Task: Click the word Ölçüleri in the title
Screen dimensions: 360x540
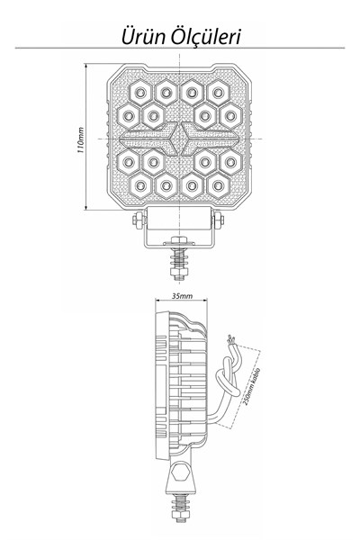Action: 206,36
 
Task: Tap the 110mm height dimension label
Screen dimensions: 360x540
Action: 80,139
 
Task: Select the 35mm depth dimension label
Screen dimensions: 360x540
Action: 182,296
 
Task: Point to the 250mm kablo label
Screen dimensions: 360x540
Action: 252,386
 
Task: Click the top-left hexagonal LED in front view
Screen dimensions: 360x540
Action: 140,93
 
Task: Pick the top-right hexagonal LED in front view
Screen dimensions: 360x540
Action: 218,93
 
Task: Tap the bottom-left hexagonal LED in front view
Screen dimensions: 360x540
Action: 140,185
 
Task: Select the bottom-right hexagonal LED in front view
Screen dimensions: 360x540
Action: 218,185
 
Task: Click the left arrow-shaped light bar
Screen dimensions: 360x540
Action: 148,139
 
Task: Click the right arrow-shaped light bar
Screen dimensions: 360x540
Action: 210,139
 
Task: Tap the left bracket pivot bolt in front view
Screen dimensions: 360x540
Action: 139,220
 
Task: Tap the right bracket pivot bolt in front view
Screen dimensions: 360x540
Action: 218,220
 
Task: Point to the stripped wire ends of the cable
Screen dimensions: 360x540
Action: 230,339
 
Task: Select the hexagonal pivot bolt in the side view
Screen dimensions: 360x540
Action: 180,472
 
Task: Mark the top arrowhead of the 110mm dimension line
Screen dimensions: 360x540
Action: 85,66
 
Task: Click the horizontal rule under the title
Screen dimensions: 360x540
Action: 179,48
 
